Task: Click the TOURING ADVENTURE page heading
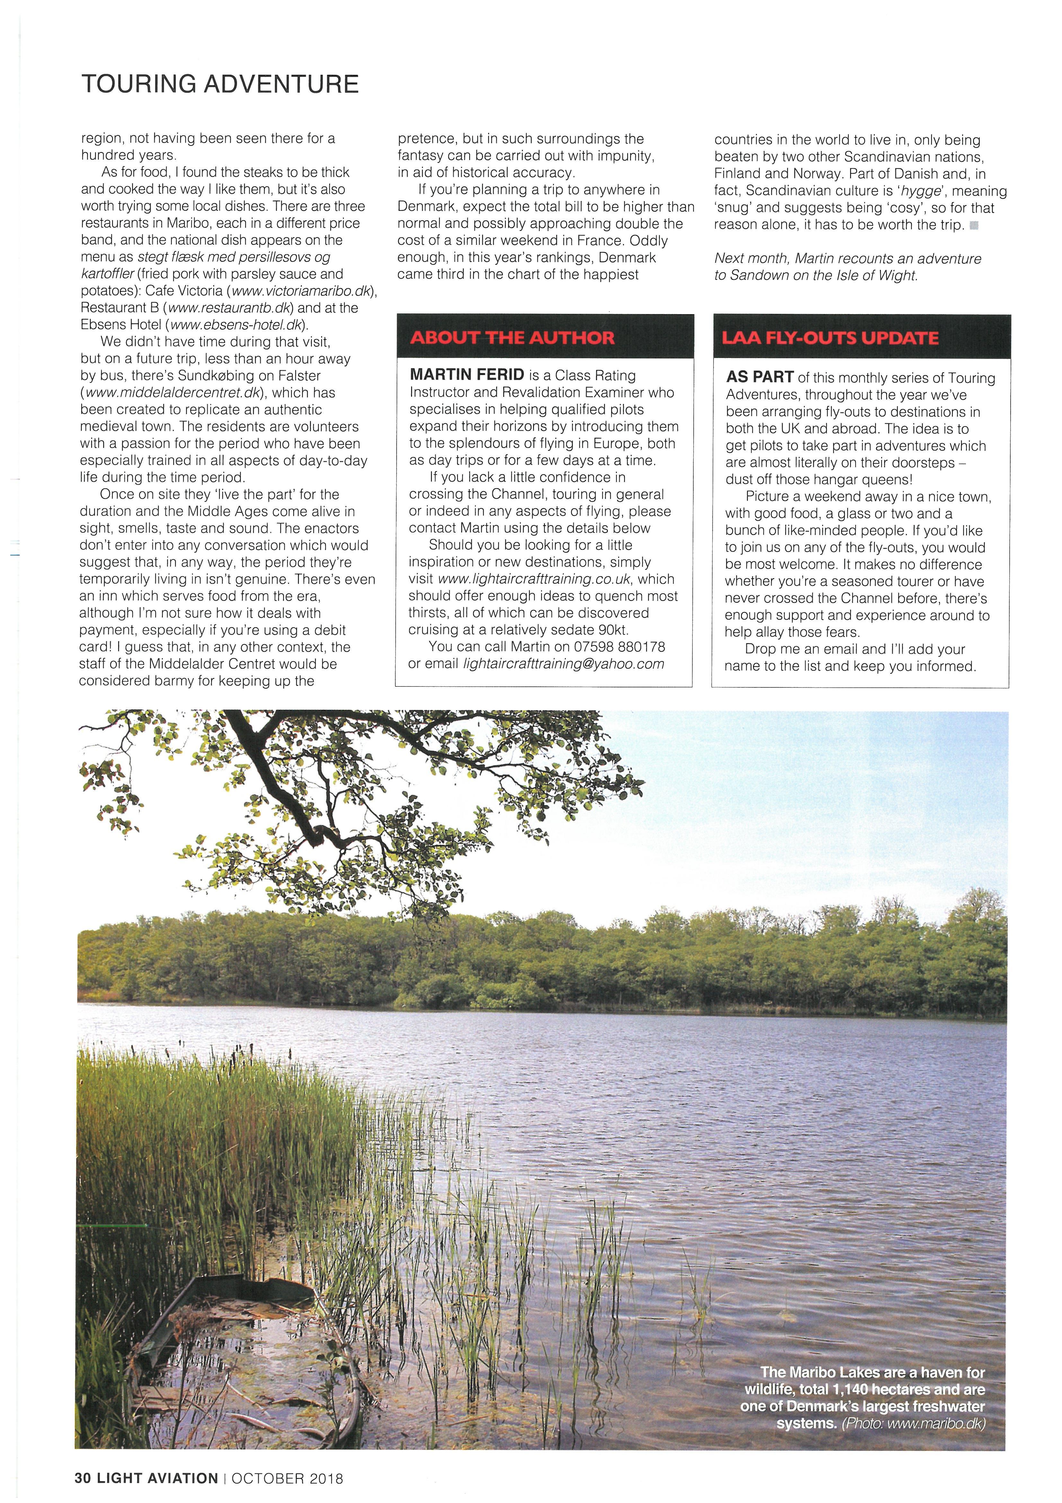[x=220, y=85]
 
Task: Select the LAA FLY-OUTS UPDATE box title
[x=830, y=338]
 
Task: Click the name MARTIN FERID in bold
[x=467, y=375]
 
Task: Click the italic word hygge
[x=916, y=191]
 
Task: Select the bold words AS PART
[x=760, y=378]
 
